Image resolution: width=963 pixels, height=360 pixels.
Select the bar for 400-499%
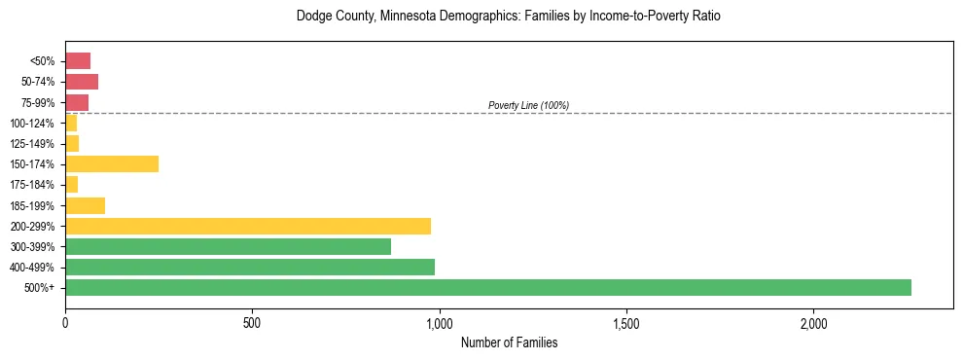(x=250, y=267)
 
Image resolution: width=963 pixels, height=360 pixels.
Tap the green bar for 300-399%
(x=228, y=246)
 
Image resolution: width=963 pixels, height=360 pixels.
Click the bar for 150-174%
(x=112, y=163)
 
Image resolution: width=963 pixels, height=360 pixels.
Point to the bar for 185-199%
(x=85, y=205)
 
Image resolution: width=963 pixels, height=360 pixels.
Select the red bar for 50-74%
(x=82, y=82)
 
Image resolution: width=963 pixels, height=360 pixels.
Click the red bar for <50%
(x=78, y=61)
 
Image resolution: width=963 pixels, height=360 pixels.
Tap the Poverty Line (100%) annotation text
(x=528, y=105)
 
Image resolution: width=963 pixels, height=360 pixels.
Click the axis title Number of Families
(x=509, y=342)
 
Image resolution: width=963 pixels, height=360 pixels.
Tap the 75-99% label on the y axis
(x=38, y=103)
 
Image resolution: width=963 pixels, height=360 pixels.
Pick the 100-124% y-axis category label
(x=35, y=124)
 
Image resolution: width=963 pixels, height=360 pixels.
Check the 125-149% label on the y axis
(x=35, y=144)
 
